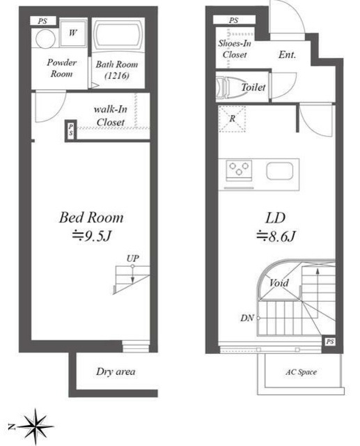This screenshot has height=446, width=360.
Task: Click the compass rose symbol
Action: click(36, 426)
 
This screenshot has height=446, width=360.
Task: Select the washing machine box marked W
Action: click(73, 33)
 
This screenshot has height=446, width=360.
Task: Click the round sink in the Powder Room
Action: click(46, 39)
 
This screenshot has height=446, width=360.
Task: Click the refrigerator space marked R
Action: click(232, 118)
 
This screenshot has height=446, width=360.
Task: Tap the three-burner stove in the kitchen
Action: click(239, 170)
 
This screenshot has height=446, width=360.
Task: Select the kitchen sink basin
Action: click(280, 171)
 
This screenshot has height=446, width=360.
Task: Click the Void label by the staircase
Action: click(279, 283)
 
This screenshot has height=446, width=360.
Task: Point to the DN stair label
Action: click(247, 318)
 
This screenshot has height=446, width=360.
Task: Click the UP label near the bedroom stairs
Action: click(133, 259)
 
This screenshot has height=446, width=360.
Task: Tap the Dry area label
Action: click(116, 371)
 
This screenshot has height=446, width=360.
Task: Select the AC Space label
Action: click(302, 372)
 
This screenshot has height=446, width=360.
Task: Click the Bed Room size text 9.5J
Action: click(91, 236)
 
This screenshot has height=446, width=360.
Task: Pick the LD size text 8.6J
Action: click(276, 236)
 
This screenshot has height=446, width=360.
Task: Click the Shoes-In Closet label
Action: click(235, 49)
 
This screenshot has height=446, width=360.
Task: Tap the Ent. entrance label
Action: click(288, 54)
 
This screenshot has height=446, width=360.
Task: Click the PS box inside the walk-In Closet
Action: click(71, 130)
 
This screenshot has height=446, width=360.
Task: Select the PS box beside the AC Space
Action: click(329, 341)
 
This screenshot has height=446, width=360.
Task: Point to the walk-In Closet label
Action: click(111, 116)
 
